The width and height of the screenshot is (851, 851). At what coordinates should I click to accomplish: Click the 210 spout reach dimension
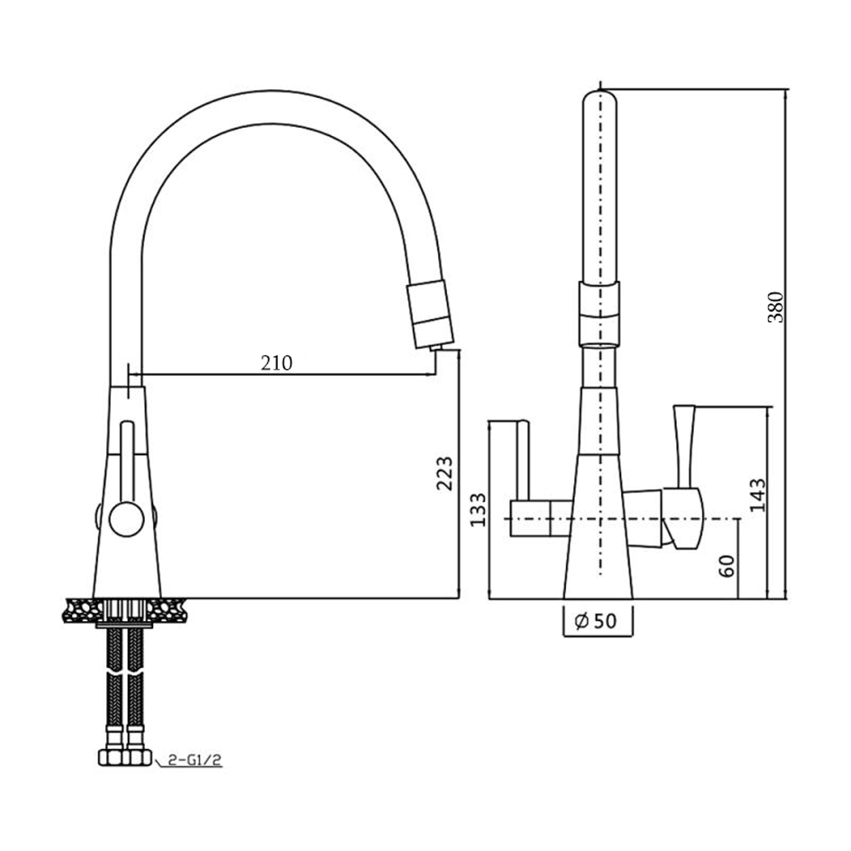pyautogui.click(x=277, y=363)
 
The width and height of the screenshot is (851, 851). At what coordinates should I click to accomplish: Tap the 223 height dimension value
pyautogui.click(x=445, y=474)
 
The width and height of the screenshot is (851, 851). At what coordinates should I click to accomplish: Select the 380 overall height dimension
pyautogui.click(x=776, y=307)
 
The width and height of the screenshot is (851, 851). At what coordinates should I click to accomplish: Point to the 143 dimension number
pyautogui.click(x=758, y=495)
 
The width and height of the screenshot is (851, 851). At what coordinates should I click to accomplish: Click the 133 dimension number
pyautogui.click(x=478, y=510)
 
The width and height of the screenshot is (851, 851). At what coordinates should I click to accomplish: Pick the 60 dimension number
pyautogui.click(x=727, y=566)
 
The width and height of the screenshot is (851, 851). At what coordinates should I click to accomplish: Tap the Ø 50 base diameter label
pyautogui.click(x=596, y=621)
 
